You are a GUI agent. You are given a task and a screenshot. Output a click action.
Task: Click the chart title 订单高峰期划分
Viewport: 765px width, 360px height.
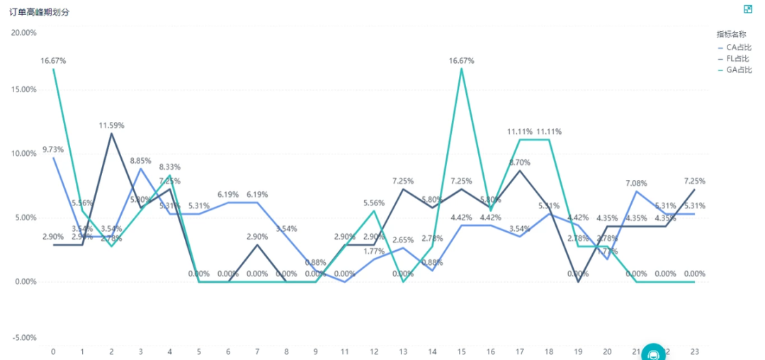click(38, 13)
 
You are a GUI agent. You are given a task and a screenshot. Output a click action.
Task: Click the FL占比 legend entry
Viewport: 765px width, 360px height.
click(739, 58)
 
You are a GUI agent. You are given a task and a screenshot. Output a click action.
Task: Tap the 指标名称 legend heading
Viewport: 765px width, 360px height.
click(731, 34)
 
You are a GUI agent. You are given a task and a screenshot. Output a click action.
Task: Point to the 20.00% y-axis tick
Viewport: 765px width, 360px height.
click(24, 33)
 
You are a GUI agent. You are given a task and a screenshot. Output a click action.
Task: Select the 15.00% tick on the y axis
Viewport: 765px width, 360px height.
click(24, 90)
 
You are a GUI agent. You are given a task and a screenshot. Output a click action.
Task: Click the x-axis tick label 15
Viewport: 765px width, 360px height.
click(461, 351)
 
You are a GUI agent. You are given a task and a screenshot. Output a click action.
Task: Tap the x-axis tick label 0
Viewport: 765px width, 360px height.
click(53, 351)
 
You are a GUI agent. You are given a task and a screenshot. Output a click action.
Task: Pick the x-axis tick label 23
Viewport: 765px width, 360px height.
click(694, 351)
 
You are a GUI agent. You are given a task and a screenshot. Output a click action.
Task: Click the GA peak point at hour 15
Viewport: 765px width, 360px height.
click(461, 69)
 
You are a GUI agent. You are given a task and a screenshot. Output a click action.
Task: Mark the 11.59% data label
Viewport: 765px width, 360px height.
click(111, 125)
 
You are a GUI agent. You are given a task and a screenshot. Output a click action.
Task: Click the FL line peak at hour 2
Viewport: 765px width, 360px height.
click(111, 134)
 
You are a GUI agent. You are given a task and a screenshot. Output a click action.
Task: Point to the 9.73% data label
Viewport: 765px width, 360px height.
click(53, 150)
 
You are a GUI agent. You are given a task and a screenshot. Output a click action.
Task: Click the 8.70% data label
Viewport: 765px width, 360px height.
click(519, 162)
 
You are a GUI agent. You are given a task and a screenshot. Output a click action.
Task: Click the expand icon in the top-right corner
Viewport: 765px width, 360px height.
click(747, 9)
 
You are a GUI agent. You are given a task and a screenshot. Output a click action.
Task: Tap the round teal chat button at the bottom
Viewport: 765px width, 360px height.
click(653, 354)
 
